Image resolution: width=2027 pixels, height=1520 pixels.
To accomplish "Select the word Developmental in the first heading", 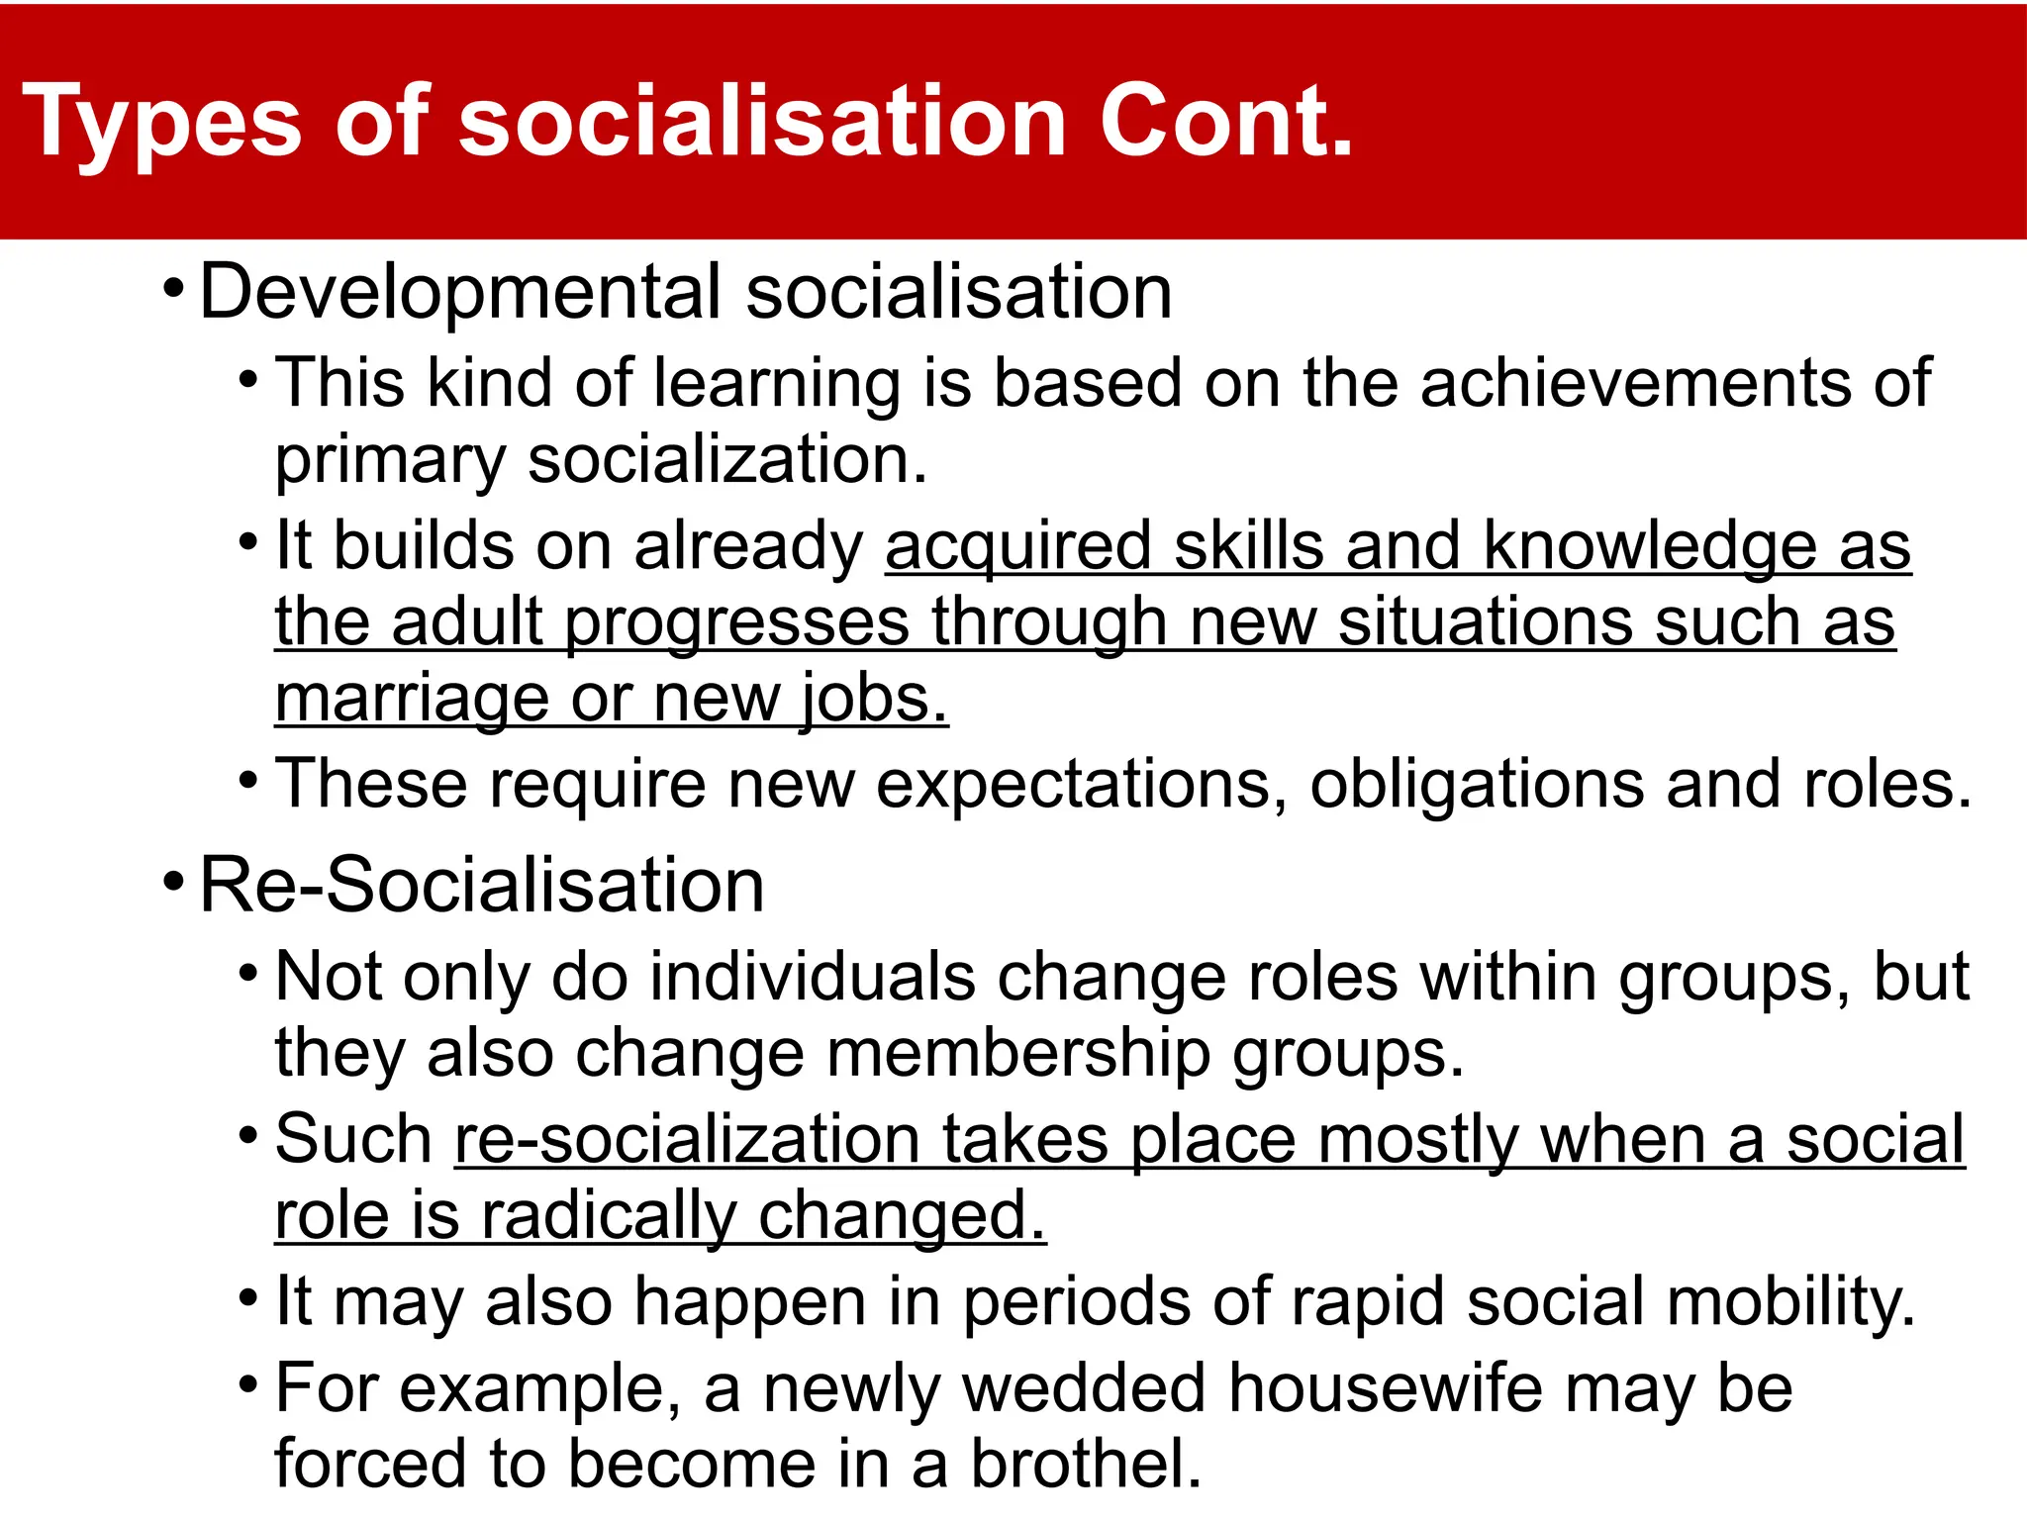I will (x=460, y=293).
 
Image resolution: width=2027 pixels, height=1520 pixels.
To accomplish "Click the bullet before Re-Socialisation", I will (x=173, y=880).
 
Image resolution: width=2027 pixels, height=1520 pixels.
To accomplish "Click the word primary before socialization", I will (x=390, y=462).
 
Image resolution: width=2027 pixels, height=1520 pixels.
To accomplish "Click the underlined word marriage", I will (x=412, y=700).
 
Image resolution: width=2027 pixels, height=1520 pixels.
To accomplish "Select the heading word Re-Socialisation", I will (x=482, y=885).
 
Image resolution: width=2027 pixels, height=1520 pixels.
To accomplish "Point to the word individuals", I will (x=813, y=978).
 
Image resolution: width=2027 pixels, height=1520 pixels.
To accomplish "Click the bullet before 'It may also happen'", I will (x=248, y=1296).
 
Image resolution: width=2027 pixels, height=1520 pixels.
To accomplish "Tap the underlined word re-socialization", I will (x=687, y=1140).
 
